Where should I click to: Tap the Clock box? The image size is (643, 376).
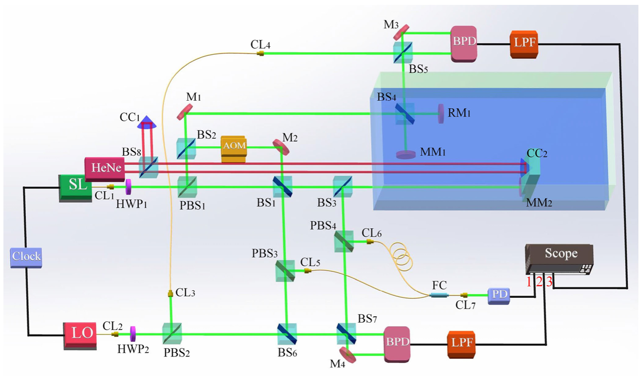[x=26, y=257]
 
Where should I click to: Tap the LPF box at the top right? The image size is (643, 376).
[x=524, y=44]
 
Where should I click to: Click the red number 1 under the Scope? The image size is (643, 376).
[x=529, y=282]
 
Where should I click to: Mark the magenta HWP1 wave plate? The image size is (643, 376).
[x=129, y=187]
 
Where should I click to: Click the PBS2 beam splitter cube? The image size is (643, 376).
[x=171, y=333]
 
